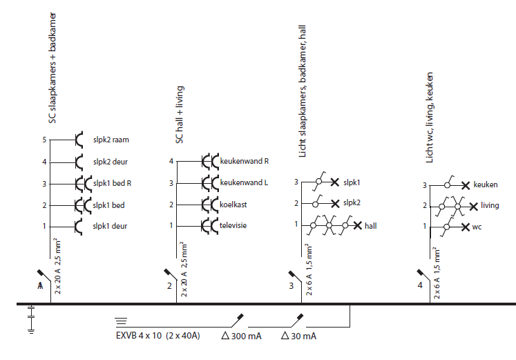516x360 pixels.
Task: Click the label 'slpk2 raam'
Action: (x=111, y=140)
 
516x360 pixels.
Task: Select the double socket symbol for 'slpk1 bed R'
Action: (x=82, y=184)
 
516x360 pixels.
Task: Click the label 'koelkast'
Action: (x=234, y=205)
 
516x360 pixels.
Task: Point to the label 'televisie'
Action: (x=234, y=225)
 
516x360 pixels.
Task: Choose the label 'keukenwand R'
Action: (x=244, y=161)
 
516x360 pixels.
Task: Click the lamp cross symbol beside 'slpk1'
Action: (x=334, y=182)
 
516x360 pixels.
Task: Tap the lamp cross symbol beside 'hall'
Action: (x=356, y=225)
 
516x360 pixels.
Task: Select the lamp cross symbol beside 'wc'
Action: (x=466, y=227)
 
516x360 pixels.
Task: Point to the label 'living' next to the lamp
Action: (x=490, y=206)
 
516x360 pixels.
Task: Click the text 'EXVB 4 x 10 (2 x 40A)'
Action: (x=157, y=336)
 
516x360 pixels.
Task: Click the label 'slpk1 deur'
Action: (x=111, y=226)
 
